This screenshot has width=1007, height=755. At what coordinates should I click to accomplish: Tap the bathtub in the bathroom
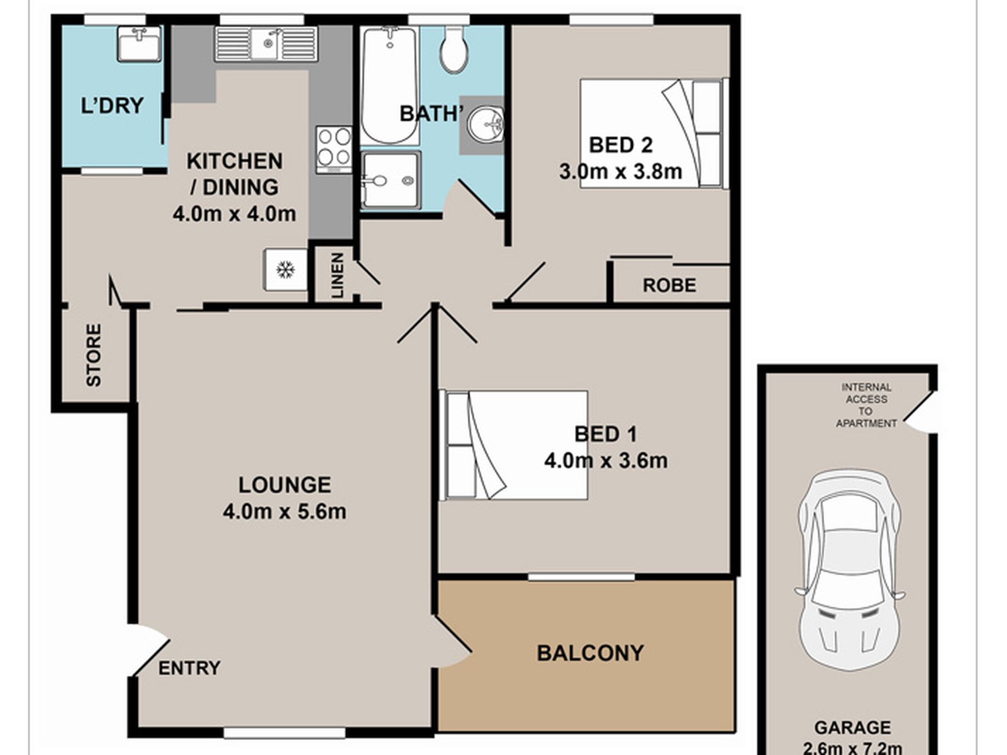390,85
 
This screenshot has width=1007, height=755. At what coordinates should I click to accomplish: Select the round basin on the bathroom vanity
486,124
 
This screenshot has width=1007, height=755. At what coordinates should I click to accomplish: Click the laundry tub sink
139,44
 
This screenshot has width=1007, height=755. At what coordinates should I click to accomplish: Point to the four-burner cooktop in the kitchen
334,149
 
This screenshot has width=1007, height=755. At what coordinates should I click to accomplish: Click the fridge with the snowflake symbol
286,270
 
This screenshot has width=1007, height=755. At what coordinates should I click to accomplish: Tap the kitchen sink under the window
266,44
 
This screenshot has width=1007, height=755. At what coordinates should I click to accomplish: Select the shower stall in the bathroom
391,180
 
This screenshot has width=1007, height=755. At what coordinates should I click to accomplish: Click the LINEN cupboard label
338,275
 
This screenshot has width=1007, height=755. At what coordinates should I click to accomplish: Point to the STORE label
93,355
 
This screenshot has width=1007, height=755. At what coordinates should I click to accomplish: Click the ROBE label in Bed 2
669,286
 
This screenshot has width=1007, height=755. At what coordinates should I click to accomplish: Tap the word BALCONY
590,653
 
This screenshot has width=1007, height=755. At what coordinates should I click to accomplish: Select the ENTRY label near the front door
189,668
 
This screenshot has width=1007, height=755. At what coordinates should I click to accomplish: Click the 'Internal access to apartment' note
866,405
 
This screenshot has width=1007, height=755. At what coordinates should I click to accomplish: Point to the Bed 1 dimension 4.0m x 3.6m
606,460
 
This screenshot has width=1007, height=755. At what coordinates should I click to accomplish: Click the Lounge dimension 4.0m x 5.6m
285,512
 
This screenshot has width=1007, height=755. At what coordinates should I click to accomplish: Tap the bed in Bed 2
655,133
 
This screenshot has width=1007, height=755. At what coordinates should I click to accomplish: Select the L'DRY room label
112,105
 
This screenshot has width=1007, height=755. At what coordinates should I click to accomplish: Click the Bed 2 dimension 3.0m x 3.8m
621,172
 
